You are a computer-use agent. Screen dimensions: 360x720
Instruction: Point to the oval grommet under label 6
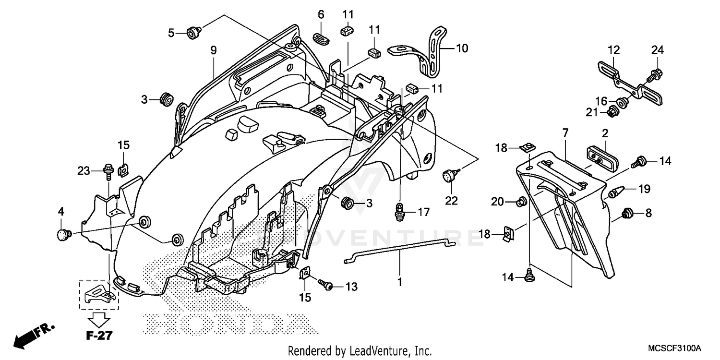click(x=321, y=38)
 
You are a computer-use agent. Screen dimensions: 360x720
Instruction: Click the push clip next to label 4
click(x=64, y=235)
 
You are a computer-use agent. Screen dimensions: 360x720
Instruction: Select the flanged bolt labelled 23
click(x=107, y=169)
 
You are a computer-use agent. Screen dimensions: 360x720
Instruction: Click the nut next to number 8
click(x=626, y=213)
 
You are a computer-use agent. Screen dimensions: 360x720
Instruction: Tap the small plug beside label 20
click(x=520, y=203)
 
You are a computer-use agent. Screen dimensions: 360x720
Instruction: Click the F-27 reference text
click(x=99, y=336)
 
